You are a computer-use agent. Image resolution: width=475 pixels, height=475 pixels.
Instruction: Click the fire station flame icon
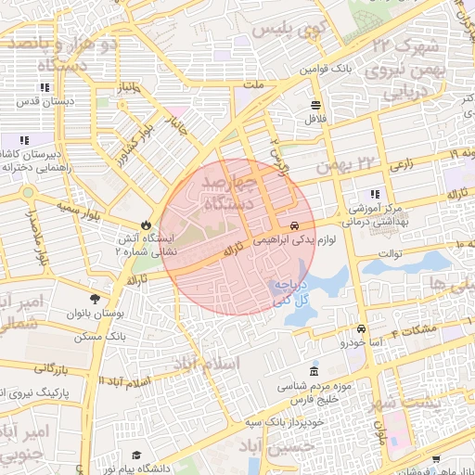coord(146,225)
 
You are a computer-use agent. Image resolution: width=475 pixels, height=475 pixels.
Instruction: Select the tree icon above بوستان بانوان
coord(95,298)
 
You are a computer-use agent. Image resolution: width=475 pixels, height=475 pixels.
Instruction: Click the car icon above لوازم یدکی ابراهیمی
coord(294,225)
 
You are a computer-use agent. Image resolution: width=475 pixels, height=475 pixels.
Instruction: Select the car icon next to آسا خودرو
coord(361,329)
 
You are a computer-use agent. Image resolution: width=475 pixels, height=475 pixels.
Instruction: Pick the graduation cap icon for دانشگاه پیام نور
coord(136,455)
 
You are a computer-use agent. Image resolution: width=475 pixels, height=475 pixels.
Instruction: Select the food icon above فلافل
coord(315,104)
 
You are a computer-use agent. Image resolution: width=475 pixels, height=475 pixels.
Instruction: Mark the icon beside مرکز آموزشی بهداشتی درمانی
coord(375,194)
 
